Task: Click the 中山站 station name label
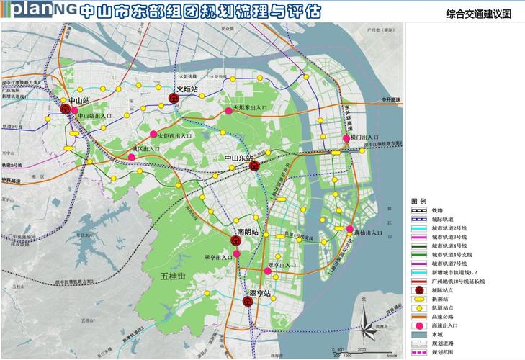point(74,101)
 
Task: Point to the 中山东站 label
point(239,158)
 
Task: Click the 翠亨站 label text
point(260,294)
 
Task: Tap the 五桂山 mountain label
point(173,276)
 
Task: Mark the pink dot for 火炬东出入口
point(225,108)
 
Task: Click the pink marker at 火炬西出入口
point(153,135)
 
